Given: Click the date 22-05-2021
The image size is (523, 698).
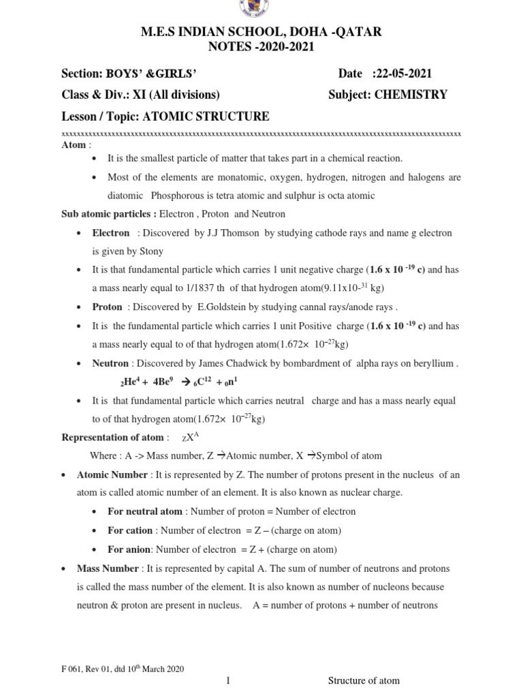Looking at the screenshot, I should [402, 74].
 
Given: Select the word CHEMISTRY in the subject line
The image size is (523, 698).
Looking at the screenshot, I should [411, 95].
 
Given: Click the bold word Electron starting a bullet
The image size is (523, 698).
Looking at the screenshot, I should [110, 233].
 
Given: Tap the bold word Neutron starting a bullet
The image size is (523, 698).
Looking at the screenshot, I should [111, 364].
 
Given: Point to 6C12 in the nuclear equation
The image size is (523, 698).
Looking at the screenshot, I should [203, 382].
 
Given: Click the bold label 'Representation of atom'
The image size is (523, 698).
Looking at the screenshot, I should [112, 437].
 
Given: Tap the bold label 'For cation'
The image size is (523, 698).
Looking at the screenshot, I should [129, 530].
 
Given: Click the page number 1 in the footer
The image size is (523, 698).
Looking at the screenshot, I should [229, 681].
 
